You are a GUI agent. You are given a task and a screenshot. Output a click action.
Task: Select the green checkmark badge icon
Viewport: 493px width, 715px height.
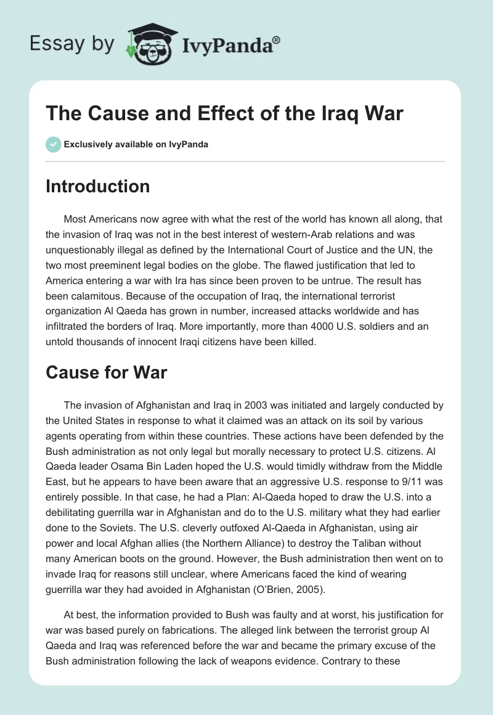[x=52, y=144]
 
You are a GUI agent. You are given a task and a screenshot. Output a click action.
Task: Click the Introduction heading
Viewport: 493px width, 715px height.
[x=97, y=186]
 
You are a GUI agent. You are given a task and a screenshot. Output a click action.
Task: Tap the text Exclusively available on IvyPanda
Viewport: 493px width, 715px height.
[x=136, y=144]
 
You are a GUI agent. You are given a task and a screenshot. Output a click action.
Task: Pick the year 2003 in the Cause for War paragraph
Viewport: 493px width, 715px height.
[x=257, y=406]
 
